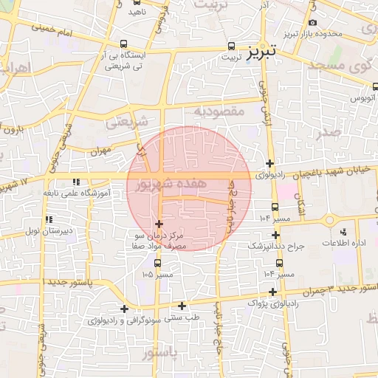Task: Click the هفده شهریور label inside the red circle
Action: click(x=160, y=185)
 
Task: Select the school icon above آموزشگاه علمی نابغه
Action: click(x=76, y=182)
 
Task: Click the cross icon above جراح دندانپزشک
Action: click(x=275, y=235)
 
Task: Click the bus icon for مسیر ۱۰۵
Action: click(x=158, y=262)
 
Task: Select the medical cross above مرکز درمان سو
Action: click(x=159, y=223)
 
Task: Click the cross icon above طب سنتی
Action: click(x=123, y=308)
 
